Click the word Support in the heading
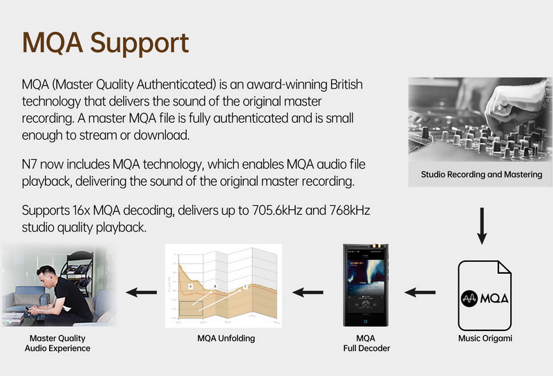pyautogui.click(x=140, y=42)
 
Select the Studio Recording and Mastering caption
pyautogui.click(x=482, y=174)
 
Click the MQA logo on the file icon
pyautogui.click(x=485, y=299)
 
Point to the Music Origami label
pyautogui.click(x=485, y=339)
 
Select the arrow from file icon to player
pyautogui.click(x=420, y=292)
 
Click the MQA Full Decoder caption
pyautogui.click(x=366, y=344)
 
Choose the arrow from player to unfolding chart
pyautogui.click(x=308, y=292)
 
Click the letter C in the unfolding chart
pyautogui.click(x=245, y=286)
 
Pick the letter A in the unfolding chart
pyautogui.click(x=189, y=285)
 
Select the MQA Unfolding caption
pyautogui.click(x=226, y=339)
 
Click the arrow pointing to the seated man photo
pyautogui.click(x=141, y=292)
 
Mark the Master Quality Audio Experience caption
pyautogui.click(x=57, y=344)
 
